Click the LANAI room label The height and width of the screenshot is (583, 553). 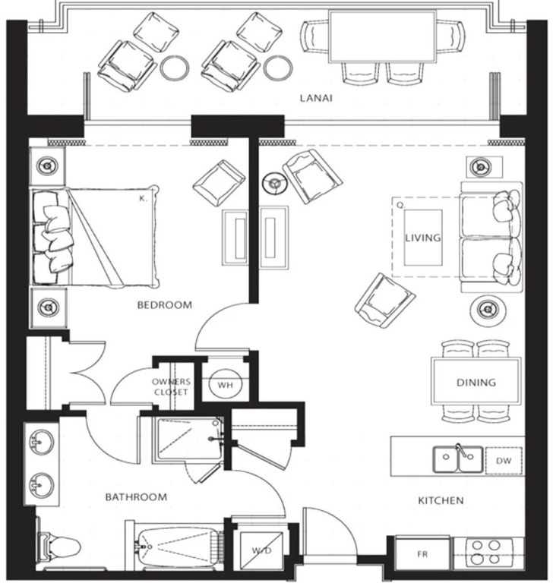pos(316,98)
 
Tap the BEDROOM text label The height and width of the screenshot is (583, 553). pos(165,305)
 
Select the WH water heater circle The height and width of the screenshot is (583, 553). pos(225,384)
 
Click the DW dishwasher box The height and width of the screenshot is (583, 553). pos(504,461)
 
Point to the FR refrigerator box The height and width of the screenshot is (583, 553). pos(422,553)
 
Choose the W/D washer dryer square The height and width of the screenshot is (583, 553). pos(261,551)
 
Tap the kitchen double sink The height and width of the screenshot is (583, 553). pos(458,459)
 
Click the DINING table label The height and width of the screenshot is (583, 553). pos(476,383)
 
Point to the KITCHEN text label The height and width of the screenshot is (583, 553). pos(441,500)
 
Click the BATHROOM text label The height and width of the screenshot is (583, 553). pos(136,497)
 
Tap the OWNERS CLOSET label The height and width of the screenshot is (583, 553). pos(171,386)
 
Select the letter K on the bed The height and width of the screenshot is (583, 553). pos(144,199)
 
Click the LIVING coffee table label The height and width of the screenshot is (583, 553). pos(423,238)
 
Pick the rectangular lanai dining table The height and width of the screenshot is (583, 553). pos(382,36)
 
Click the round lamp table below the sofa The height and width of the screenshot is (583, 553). pos(488,309)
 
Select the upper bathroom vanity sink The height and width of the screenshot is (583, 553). pos(42,441)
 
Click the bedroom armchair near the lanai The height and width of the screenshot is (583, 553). pos(219,183)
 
